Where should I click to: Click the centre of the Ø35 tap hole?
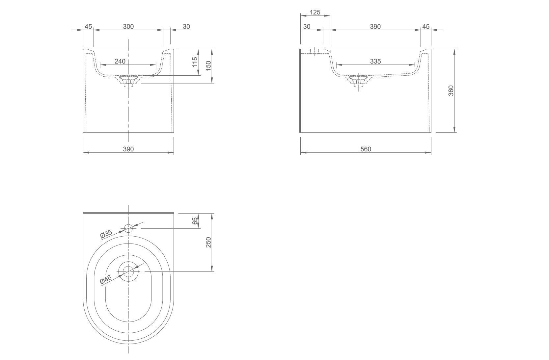[128, 228]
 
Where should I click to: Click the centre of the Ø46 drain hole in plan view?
[128, 271]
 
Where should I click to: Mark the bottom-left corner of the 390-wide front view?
[83, 133]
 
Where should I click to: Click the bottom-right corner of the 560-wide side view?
[431, 133]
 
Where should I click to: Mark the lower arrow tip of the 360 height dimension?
[454, 132]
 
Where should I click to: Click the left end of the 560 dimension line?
[301, 153]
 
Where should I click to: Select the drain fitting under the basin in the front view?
[128, 81]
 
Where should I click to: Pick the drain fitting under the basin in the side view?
[359, 81]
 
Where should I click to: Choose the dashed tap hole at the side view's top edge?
[315, 51]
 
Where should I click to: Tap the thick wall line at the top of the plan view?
[128, 213]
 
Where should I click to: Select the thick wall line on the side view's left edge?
[300, 90]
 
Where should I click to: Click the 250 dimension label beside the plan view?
[208, 242]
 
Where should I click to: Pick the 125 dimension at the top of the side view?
[315, 12]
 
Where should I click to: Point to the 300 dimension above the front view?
[128, 26]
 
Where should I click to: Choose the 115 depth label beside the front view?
[195, 62]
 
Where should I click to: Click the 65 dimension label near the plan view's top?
[195, 221]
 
